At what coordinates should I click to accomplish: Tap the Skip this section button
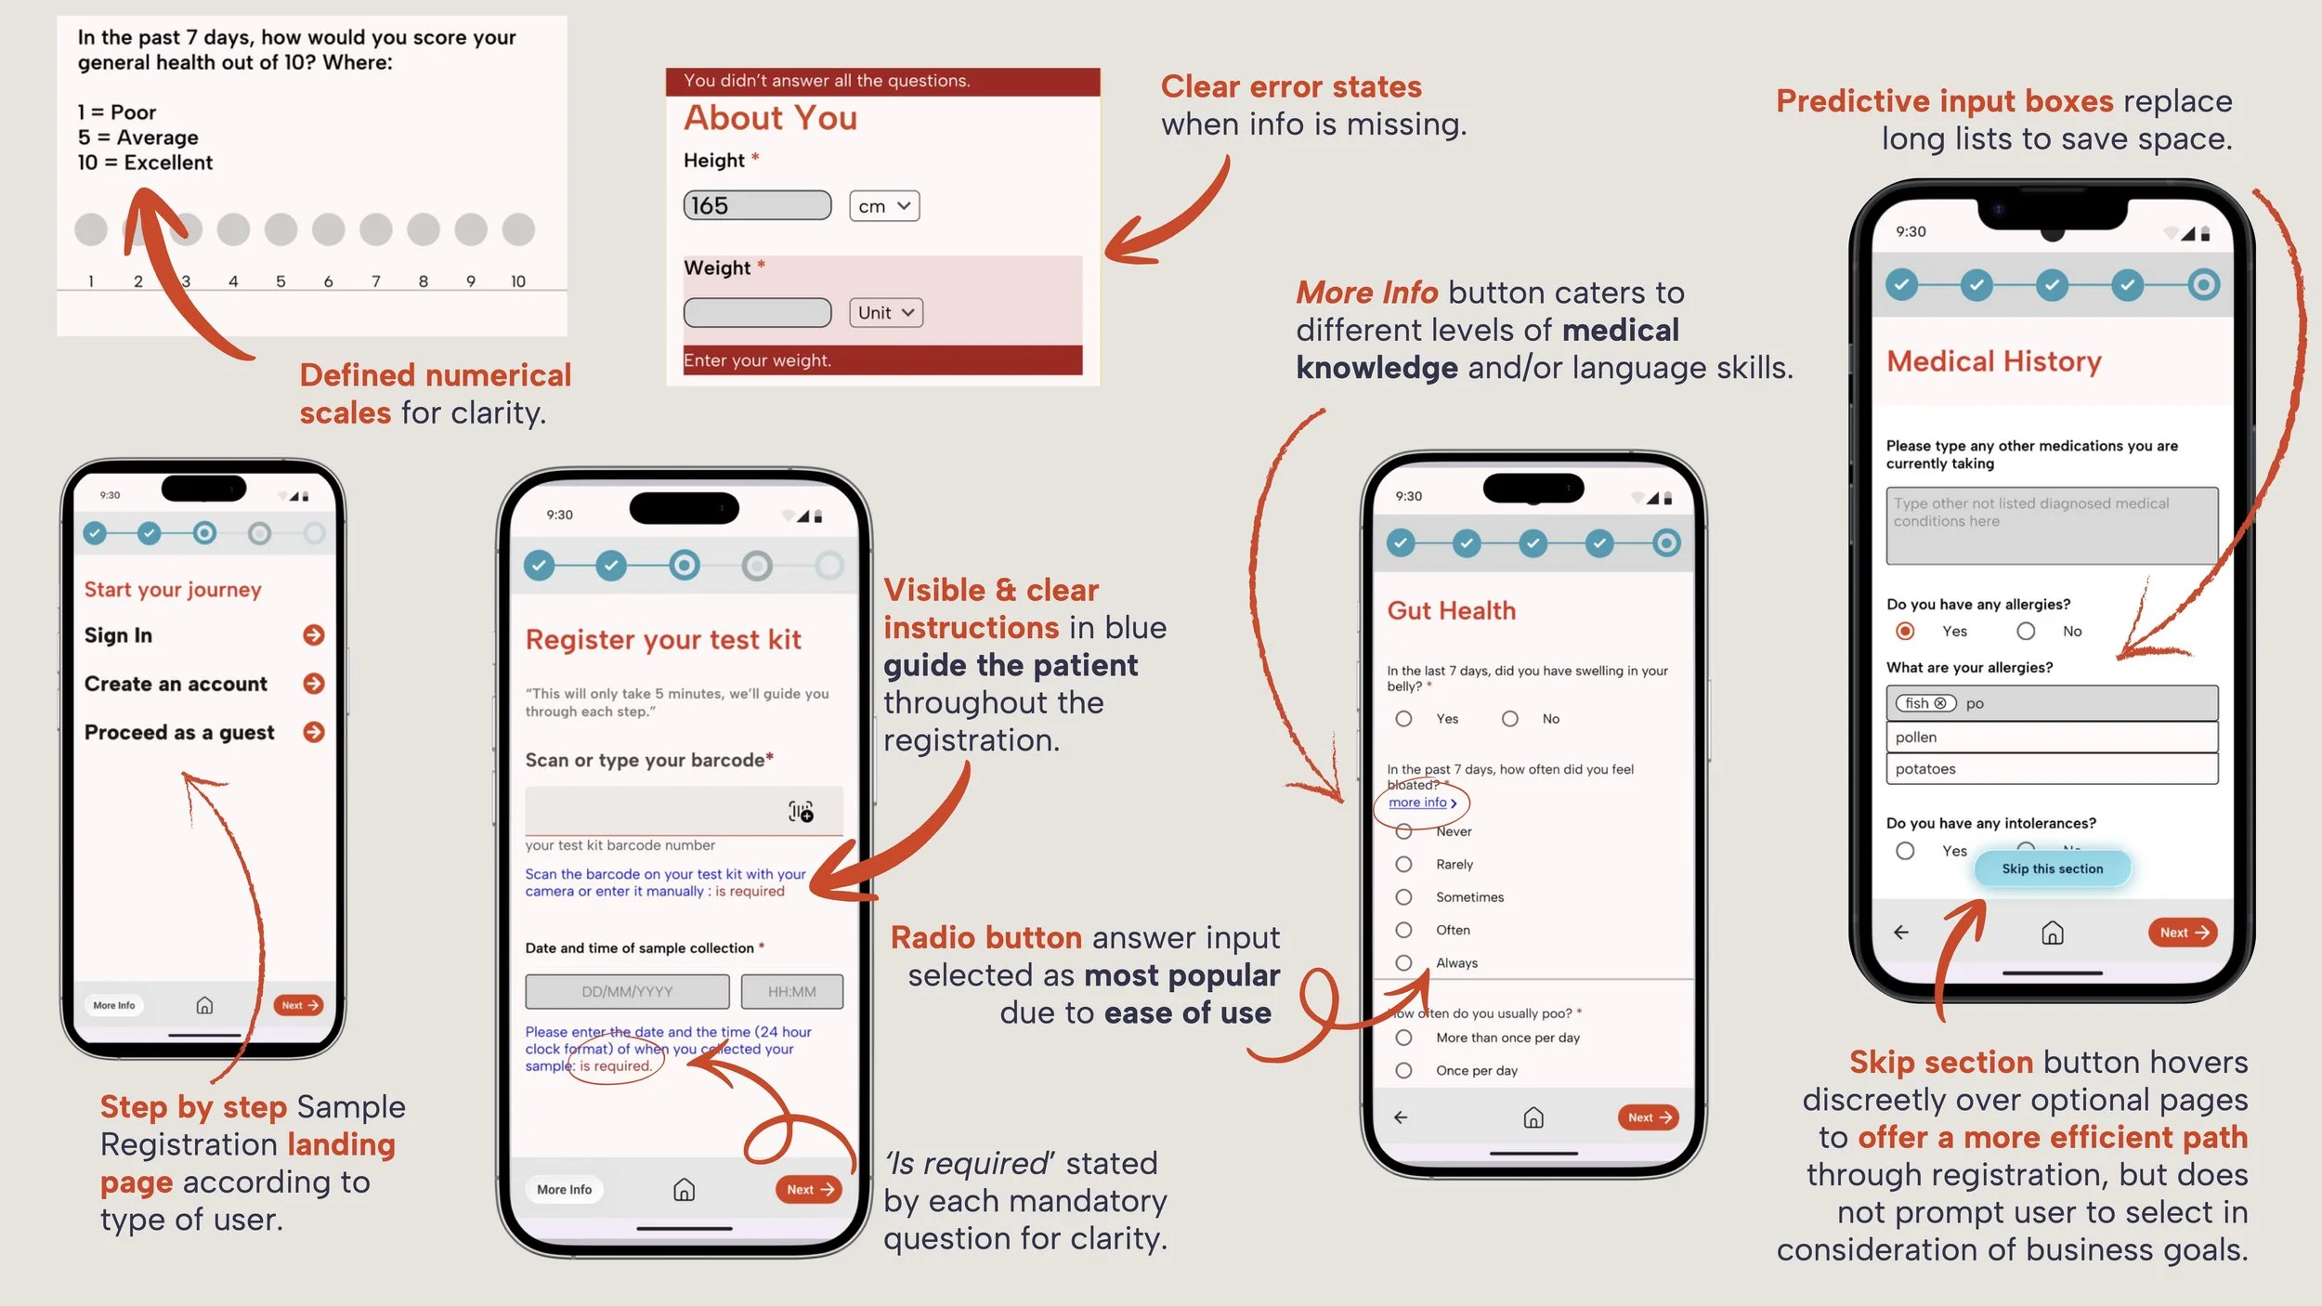(x=2052, y=868)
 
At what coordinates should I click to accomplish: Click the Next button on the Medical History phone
(x=2182, y=933)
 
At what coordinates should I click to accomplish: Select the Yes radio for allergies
(x=1905, y=632)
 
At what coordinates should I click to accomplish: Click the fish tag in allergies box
(x=1924, y=703)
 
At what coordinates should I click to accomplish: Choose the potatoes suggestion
(x=2051, y=769)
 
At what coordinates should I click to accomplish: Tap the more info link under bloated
(x=1421, y=803)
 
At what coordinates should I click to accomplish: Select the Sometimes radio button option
(x=1404, y=897)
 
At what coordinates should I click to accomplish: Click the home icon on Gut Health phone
(x=1533, y=1117)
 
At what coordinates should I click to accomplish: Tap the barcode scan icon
(x=801, y=812)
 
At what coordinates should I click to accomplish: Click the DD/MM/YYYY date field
(x=627, y=992)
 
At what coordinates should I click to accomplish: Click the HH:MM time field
(x=791, y=992)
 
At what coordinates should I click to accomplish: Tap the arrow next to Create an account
(x=314, y=684)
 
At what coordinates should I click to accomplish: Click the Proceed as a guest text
(x=179, y=733)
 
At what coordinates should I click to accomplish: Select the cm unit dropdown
(x=883, y=206)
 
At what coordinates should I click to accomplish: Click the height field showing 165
(x=757, y=205)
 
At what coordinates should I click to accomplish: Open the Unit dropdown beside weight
(x=885, y=313)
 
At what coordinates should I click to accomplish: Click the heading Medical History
(x=1993, y=361)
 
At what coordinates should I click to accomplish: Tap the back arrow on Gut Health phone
(x=1401, y=1117)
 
